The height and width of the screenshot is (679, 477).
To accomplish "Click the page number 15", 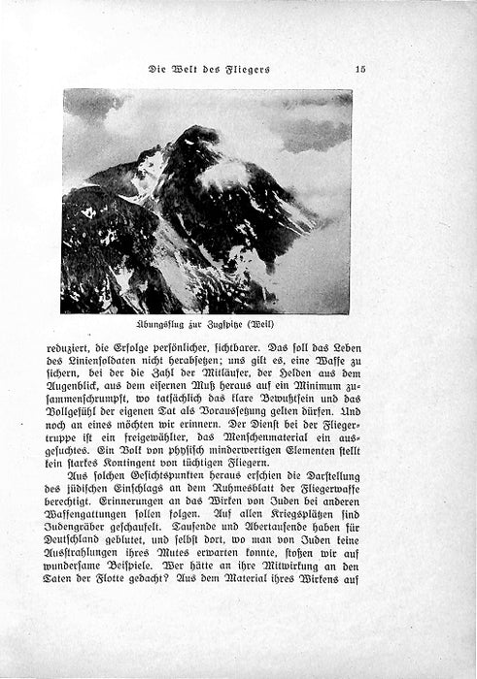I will (x=358, y=69).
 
